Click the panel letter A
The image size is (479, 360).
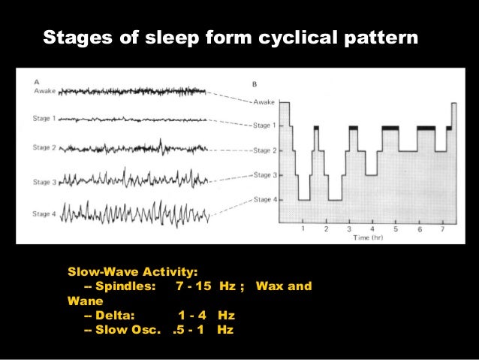[37, 81]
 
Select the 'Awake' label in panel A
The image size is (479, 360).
[45, 90]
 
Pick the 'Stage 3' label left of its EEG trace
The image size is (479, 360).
[45, 180]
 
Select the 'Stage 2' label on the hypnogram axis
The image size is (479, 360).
[264, 150]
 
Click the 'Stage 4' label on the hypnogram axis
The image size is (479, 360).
[264, 199]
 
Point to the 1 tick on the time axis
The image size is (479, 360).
[302, 228]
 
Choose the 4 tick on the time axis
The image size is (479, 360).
[372, 228]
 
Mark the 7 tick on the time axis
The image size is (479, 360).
[443, 228]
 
